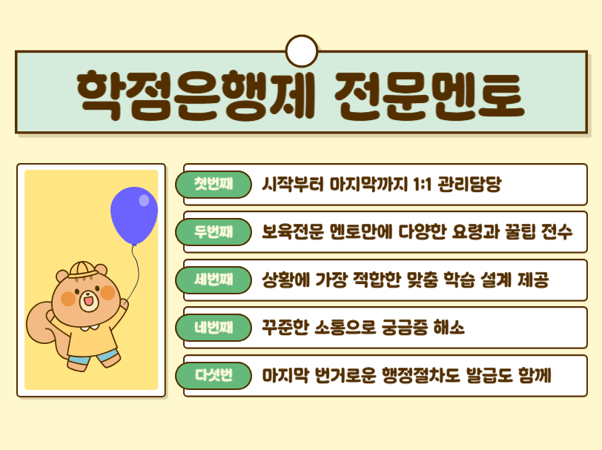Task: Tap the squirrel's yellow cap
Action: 81,268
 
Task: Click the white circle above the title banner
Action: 301,50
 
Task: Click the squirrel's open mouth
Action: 87,301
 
